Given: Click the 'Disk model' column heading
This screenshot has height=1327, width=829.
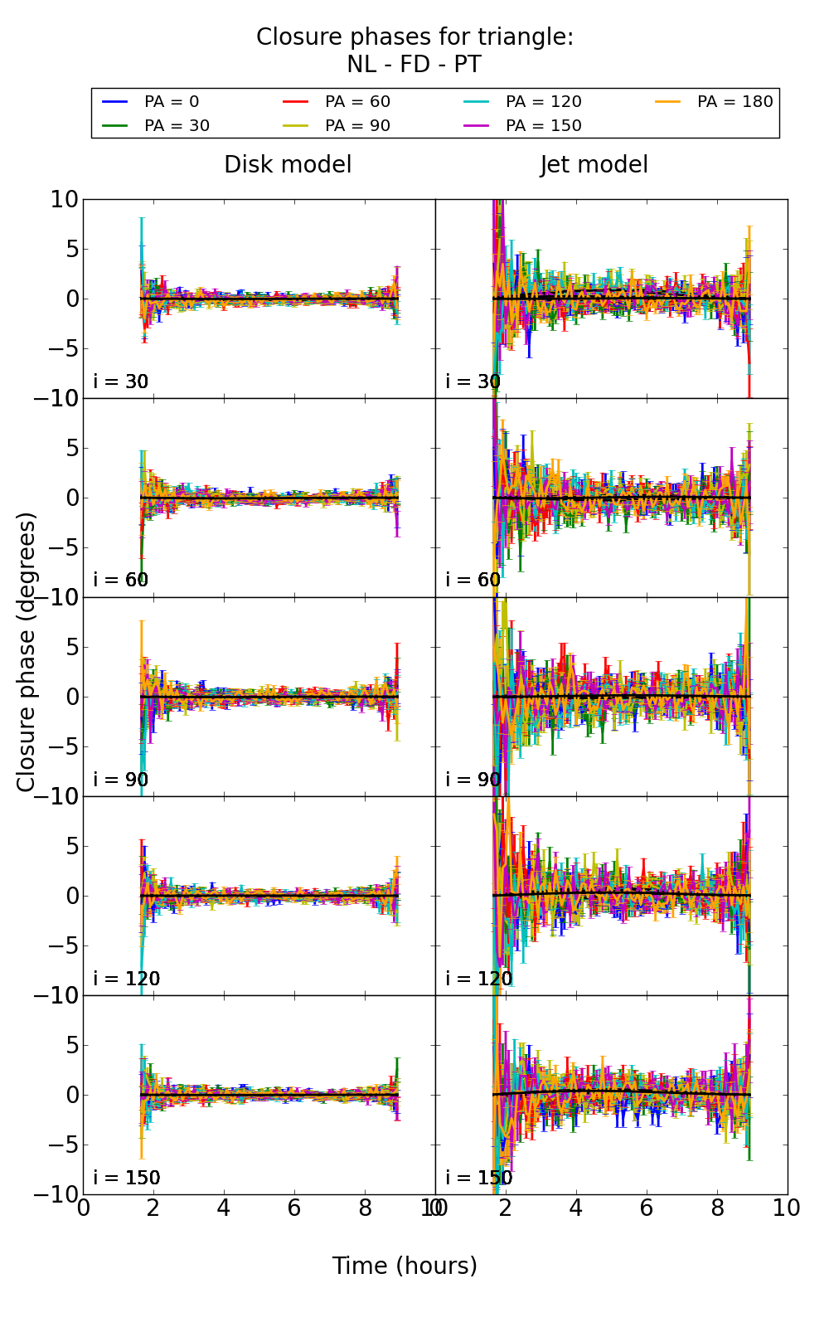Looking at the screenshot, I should point(288,165).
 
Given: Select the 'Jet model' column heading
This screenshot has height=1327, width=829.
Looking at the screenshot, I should point(594,165).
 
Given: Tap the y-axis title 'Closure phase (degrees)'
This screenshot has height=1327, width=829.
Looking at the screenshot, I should point(27,652).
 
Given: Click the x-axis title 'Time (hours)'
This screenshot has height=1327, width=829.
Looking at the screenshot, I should point(405,1266).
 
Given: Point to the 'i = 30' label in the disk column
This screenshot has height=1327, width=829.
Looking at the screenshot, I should point(120,382).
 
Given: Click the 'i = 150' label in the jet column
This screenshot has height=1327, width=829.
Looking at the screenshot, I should point(478,1178).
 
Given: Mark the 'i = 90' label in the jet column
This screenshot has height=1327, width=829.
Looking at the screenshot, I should point(473,780).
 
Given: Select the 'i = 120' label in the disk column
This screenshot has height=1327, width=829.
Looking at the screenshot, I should point(126,979).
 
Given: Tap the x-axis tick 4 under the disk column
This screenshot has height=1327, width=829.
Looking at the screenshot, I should point(224,1208).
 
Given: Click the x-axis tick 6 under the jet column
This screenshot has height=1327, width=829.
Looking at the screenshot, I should point(647,1208).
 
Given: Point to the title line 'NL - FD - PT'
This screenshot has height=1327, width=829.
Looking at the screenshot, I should point(414,65).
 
